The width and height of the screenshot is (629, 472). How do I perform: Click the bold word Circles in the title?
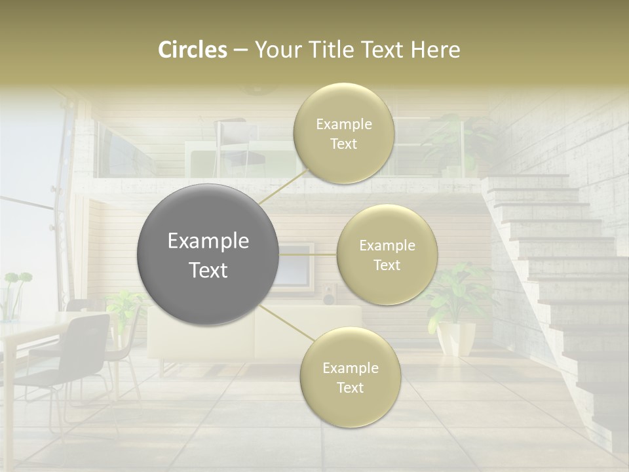click(x=192, y=50)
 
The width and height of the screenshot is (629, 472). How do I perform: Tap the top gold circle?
click(x=343, y=133)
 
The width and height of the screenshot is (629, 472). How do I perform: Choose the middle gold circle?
click(x=387, y=254)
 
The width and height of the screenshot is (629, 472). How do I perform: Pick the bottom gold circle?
click(x=350, y=377)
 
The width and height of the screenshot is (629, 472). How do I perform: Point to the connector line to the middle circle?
click(x=308, y=254)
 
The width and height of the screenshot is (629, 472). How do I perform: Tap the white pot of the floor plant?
click(x=456, y=337)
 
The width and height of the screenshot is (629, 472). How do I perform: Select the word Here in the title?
click(x=436, y=50)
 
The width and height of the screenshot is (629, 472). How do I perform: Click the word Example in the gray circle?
click(x=208, y=241)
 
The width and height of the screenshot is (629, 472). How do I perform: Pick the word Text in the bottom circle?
click(x=350, y=387)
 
